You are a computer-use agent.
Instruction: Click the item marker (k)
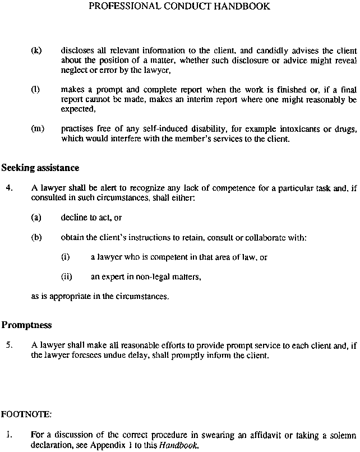[36, 50]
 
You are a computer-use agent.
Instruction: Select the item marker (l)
[36, 89]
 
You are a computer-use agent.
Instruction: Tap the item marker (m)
[38, 128]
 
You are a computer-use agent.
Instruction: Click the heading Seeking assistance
[40, 168]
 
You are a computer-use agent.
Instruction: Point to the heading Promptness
[26, 325]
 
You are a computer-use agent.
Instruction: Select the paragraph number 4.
[9, 188]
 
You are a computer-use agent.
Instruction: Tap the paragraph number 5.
[9, 345]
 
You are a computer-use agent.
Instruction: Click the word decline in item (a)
[72, 217]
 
